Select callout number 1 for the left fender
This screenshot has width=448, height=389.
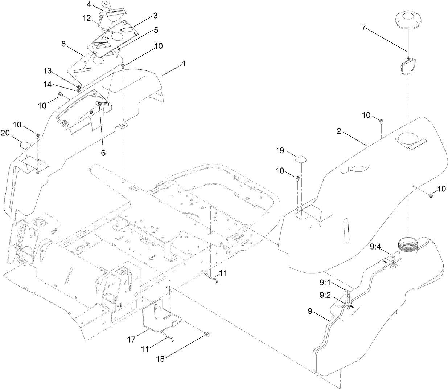pyautogui.click(x=184, y=64)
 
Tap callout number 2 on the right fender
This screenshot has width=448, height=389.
pyautogui.click(x=339, y=131)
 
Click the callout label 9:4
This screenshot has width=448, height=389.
pyautogui.click(x=375, y=247)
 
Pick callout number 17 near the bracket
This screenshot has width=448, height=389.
pyautogui.click(x=131, y=339)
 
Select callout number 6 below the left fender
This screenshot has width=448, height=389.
pyautogui.click(x=103, y=153)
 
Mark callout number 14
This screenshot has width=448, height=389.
pyautogui.click(x=48, y=84)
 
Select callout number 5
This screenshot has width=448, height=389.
pyautogui.click(x=156, y=30)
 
